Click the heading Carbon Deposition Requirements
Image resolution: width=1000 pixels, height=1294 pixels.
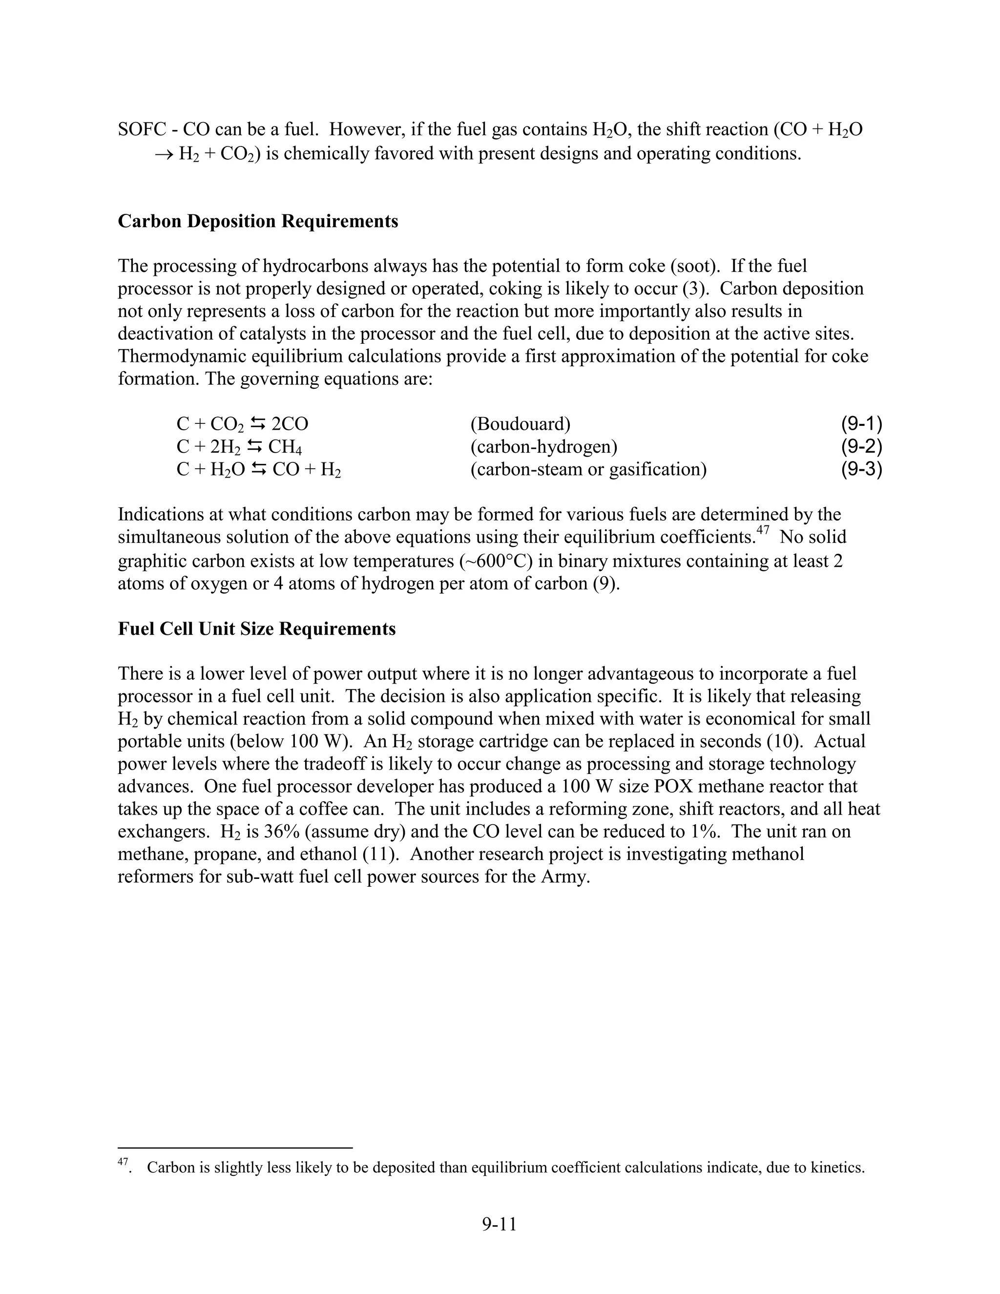click(x=258, y=221)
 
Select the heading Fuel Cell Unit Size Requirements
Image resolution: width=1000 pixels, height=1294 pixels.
click(x=256, y=628)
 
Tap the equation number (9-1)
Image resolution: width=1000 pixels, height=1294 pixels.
click(x=861, y=424)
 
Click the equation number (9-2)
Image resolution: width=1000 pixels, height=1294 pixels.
click(x=861, y=447)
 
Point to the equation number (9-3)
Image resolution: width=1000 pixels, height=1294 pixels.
click(x=861, y=469)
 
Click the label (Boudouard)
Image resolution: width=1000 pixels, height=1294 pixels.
click(x=520, y=424)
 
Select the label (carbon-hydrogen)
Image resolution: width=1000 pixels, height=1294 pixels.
click(x=544, y=447)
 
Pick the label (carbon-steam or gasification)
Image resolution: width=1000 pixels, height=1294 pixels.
click(x=588, y=470)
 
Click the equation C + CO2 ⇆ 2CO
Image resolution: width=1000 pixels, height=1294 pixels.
click(x=242, y=424)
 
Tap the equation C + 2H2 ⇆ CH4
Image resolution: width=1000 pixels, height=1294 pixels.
click(x=239, y=447)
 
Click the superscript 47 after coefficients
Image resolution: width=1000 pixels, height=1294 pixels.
click(x=762, y=530)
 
